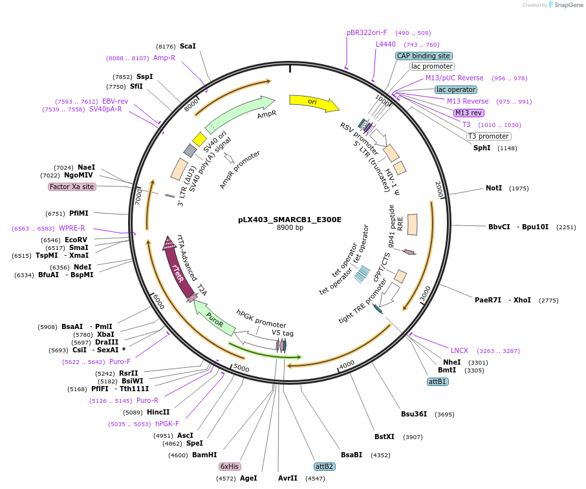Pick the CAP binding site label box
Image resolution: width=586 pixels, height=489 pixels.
tap(424, 56)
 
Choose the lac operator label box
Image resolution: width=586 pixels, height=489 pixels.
tap(456, 89)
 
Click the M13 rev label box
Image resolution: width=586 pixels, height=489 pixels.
tap(468, 113)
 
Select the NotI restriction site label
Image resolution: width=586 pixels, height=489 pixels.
tap(494, 188)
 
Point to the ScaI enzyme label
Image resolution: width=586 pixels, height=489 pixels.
tap(188, 46)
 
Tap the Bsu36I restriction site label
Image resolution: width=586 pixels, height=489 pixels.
tap(414, 414)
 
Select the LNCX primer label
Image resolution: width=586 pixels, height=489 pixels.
tap(459, 350)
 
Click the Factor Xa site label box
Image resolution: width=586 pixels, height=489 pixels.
tap(72, 187)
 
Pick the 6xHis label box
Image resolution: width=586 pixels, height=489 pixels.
tap(230, 466)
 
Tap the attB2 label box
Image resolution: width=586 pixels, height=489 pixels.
tap(324, 466)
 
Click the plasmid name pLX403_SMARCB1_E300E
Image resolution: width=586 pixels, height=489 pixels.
tap(290, 220)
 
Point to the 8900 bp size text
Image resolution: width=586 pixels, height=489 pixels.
tap(290, 228)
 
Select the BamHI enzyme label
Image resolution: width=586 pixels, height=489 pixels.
tap(204, 455)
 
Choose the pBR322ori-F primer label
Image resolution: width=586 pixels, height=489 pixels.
tap(367, 32)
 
